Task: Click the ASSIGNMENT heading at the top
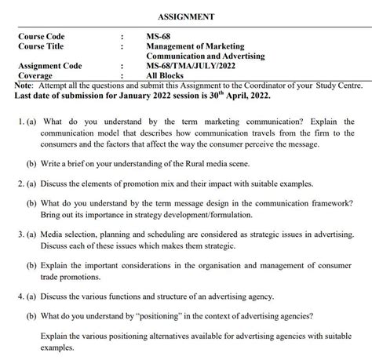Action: pos(186,16)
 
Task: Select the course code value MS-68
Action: pos(158,36)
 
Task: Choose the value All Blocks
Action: pos(168,76)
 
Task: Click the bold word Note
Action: pos(24,85)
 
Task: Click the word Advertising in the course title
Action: pos(239,56)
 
